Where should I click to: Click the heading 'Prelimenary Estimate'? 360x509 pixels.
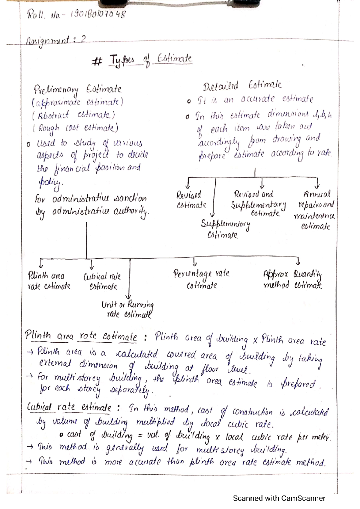click(x=77, y=89)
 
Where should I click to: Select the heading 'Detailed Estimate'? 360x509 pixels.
click(x=242, y=86)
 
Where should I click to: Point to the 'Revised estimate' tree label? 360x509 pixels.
click(x=191, y=200)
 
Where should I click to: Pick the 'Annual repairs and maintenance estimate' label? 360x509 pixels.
click(x=315, y=210)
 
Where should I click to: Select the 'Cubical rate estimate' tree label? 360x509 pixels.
click(x=102, y=281)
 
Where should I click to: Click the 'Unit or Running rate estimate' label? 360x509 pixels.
click(x=127, y=309)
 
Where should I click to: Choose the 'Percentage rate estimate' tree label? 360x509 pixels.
click(x=201, y=279)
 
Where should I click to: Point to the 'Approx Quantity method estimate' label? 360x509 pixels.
click(x=292, y=279)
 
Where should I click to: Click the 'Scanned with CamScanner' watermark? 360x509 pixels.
click(x=279, y=498)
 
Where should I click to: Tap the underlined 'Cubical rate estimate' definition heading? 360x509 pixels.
click(x=69, y=407)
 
